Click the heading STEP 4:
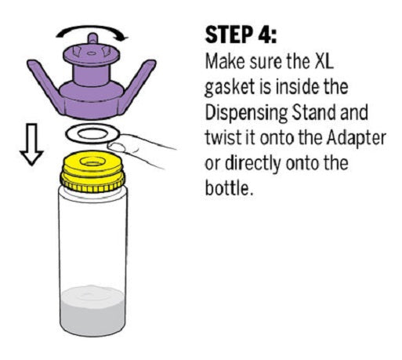[241, 35]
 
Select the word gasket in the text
[229, 87]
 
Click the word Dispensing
[246, 113]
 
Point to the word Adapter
[357, 138]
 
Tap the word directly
[253, 163]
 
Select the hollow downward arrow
[31, 144]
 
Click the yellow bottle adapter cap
[92, 172]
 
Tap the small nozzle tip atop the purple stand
[92, 38]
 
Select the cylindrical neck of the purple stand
[92, 75]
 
